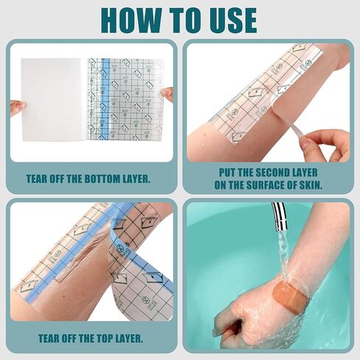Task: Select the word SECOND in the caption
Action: [x=272, y=173]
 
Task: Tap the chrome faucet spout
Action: [x=280, y=215]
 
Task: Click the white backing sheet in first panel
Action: [x=52, y=100]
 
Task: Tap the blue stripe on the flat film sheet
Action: [x=105, y=100]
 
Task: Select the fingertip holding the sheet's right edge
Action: [x=167, y=94]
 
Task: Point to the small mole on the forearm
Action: [x=205, y=135]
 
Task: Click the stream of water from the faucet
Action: [x=283, y=256]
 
